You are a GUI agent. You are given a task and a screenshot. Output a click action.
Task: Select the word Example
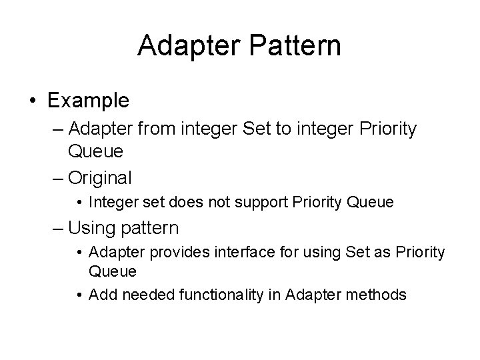88,101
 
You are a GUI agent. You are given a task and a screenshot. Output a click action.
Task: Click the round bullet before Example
33,101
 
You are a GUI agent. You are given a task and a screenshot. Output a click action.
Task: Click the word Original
100,178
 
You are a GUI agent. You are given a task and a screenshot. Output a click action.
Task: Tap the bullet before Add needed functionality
79,295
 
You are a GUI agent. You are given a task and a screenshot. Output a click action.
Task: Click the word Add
100,295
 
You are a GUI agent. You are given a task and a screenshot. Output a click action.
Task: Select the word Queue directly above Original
95,152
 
